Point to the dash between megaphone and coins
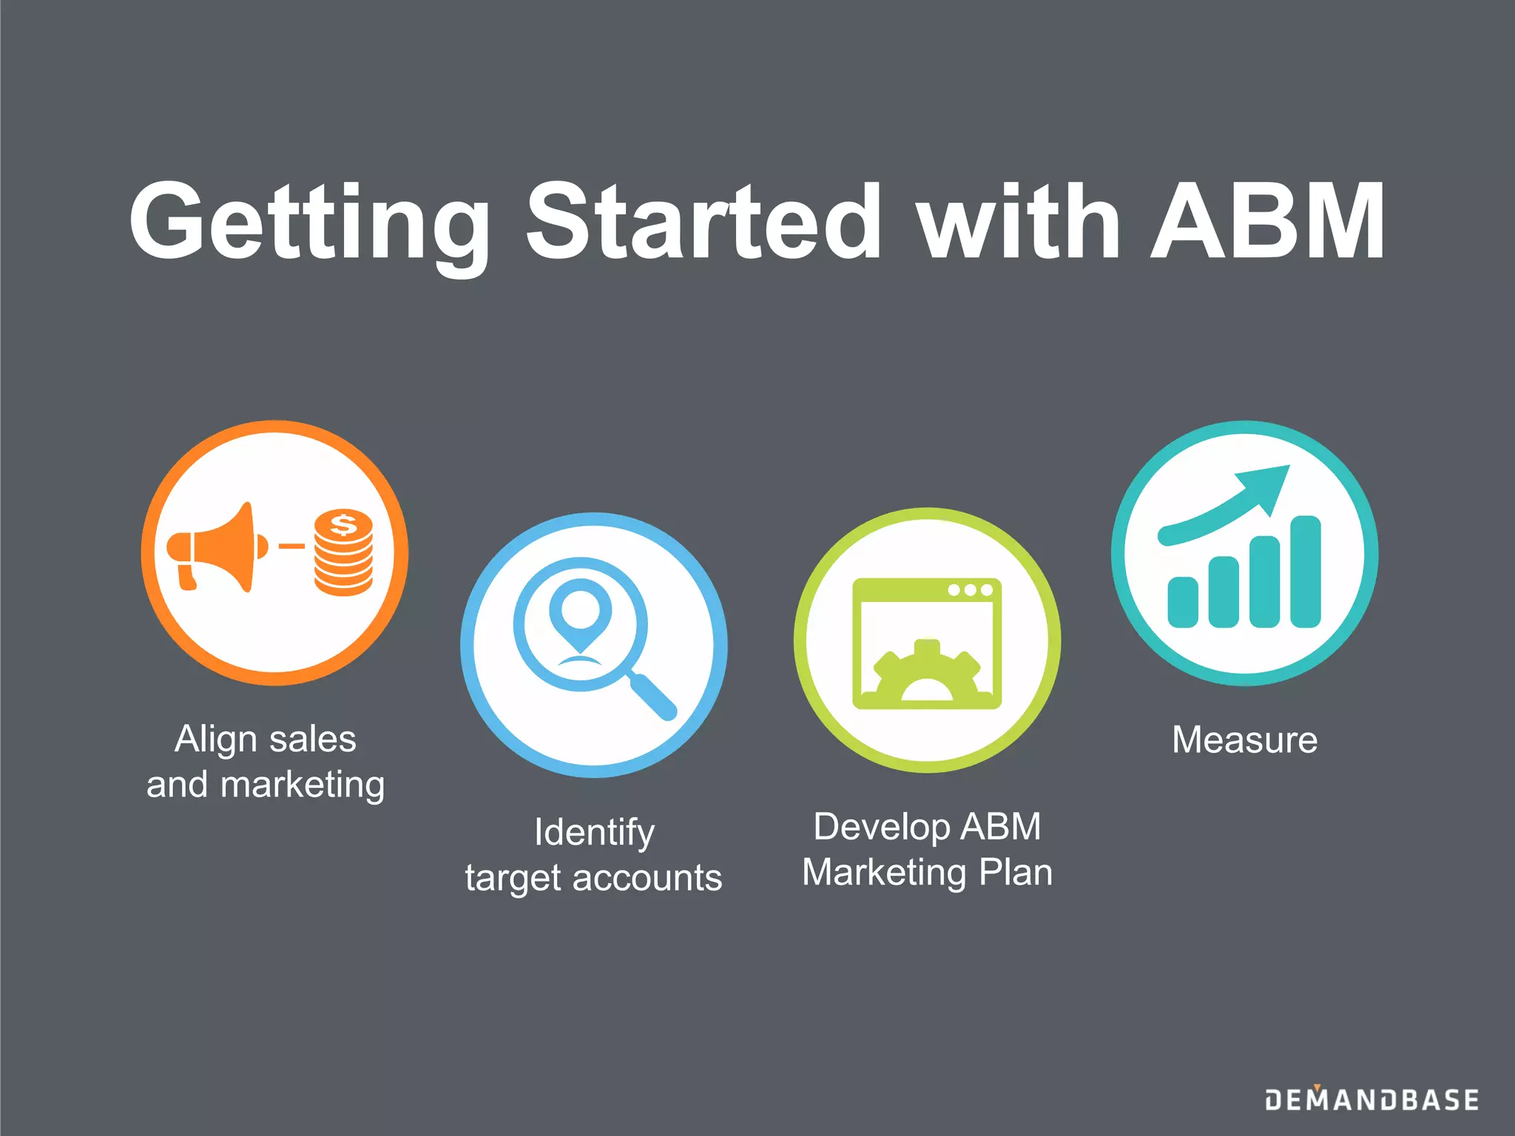291,547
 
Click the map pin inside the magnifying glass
581,611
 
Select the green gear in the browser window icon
927,673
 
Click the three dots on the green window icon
970,590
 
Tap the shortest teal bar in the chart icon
1183,602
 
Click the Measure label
1245,740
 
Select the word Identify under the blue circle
594,833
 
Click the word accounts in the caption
647,879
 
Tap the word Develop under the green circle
880,827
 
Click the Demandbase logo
1372,1100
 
